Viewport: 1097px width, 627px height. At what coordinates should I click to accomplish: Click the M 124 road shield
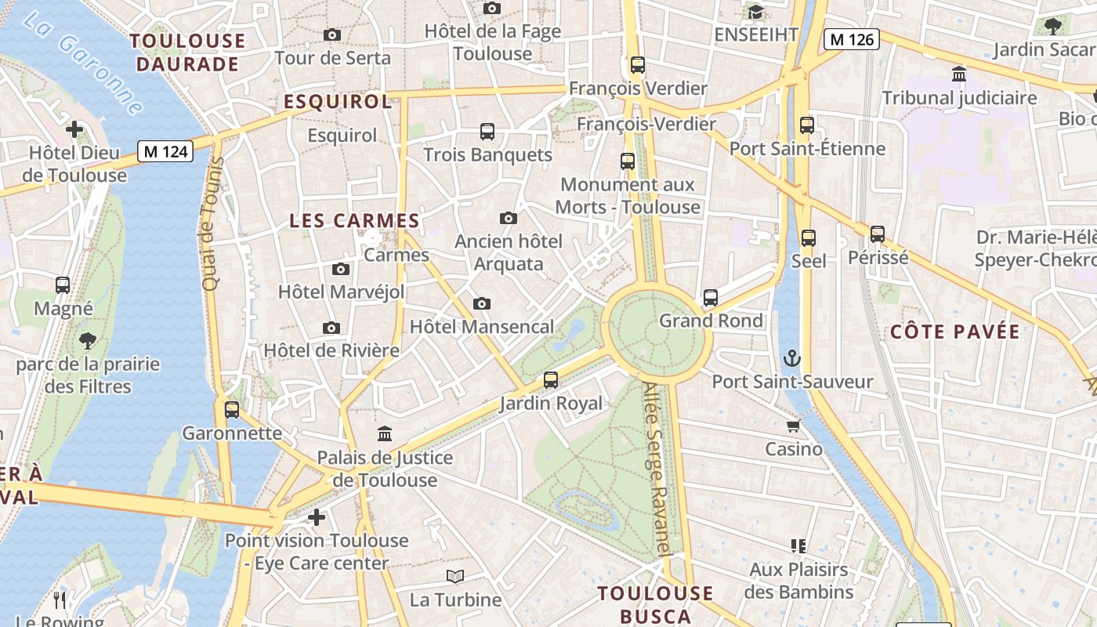pyautogui.click(x=166, y=151)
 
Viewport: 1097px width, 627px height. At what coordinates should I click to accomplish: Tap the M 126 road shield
pyautogui.click(x=852, y=39)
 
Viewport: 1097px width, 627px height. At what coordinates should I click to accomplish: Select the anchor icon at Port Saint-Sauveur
pyautogui.click(x=792, y=359)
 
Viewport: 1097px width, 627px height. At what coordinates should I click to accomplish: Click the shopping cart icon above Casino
pyautogui.click(x=794, y=426)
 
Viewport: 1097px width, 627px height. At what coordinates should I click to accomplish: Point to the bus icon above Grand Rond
pyautogui.click(x=710, y=298)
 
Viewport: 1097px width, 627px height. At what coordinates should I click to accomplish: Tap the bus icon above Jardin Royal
pyautogui.click(x=551, y=380)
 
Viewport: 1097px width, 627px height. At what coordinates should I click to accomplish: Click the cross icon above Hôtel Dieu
pyautogui.click(x=74, y=129)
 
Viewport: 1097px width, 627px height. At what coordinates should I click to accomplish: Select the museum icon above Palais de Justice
pyautogui.click(x=385, y=433)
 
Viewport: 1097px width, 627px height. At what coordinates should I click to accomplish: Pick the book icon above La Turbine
pyautogui.click(x=455, y=577)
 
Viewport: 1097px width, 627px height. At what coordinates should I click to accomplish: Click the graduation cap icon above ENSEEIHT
pyautogui.click(x=755, y=12)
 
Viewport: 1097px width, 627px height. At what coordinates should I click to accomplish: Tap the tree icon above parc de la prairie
pyautogui.click(x=88, y=341)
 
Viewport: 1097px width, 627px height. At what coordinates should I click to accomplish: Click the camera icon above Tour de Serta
pyautogui.click(x=332, y=34)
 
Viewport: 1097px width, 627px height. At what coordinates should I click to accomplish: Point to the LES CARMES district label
pyautogui.click(x=354, y=221)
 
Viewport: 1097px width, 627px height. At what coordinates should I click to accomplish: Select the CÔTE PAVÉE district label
pyautogui.click(x=954, y=332)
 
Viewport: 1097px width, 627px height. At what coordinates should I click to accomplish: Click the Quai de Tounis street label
pyautogui.click(x=212, y=224)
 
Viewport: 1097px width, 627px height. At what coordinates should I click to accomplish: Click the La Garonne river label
pyautogui.click(x=82, y=63)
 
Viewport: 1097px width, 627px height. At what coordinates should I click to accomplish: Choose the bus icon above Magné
pyautogui.click(x=63, y=285)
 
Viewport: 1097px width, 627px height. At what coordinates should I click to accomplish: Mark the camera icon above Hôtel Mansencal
pyautogui.click(x=482, y=303)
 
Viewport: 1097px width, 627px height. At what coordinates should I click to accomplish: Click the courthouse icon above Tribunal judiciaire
pyautogui.click(x=958, y=74)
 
